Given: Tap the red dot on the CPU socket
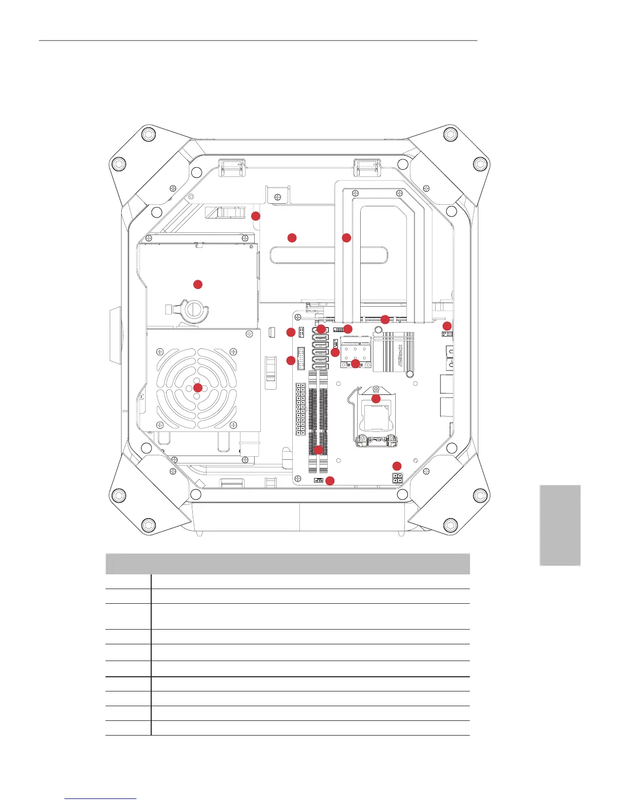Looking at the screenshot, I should tap(376, 399).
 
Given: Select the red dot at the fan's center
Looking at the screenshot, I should tap(198, 388).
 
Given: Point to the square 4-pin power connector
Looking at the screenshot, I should tap(397, 478).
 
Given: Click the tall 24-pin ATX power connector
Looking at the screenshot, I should tap(300, 409).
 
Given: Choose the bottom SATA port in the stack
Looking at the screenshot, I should tap(321, 367).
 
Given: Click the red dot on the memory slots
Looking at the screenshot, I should tap(319, 450).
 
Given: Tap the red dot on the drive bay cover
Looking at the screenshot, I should tap(198, 284).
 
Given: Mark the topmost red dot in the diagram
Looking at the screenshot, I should tap(256, 216).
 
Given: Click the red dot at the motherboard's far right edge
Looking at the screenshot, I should tap(447, 325).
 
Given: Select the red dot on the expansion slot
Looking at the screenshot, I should tap(385, 319).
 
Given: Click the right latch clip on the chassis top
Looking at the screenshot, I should tap(367, 166).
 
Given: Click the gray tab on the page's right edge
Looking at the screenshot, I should tap(560, 525).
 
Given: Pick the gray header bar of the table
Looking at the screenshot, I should tap(287, 564).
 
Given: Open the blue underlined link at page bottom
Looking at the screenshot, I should tap(100, 799).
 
